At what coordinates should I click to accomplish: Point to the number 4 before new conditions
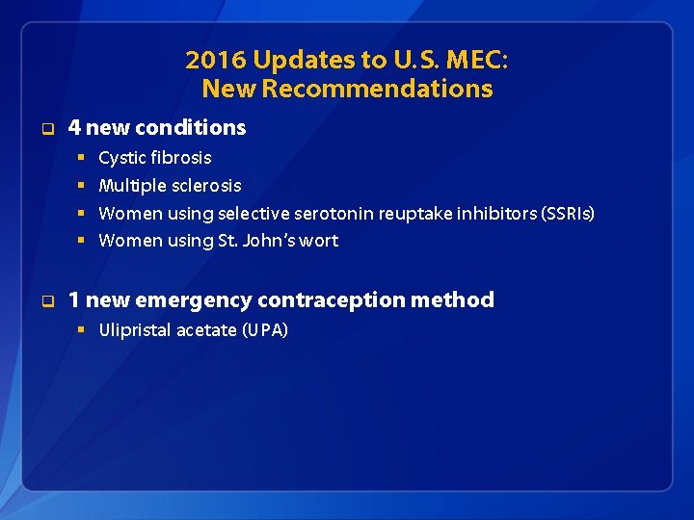tap(74, 127)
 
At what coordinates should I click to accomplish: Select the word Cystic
tap(122, 158)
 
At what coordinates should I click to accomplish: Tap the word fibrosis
tap(180, 158)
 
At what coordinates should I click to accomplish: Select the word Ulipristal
tap(135, 330)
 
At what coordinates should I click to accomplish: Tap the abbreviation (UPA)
tap(264, 330)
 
